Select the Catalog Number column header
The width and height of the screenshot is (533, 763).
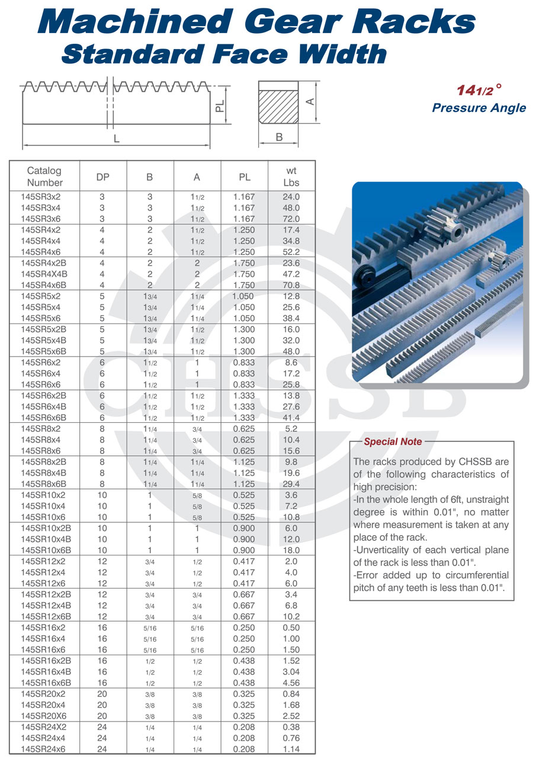44,176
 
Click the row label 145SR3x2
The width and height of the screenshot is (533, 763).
40,197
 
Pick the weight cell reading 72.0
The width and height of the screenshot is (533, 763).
291,219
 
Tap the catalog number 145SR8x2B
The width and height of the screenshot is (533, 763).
43,462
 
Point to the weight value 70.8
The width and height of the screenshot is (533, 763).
291,285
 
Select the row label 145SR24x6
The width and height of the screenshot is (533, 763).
43,749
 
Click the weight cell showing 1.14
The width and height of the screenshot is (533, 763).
291,749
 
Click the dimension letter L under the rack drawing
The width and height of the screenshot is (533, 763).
116,139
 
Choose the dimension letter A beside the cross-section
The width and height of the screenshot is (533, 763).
309,102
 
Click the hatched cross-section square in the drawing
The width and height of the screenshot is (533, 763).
278,106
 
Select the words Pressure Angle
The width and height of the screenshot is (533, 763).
479,108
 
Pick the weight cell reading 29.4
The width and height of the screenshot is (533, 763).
291,484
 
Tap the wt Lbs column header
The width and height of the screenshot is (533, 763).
291,176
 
